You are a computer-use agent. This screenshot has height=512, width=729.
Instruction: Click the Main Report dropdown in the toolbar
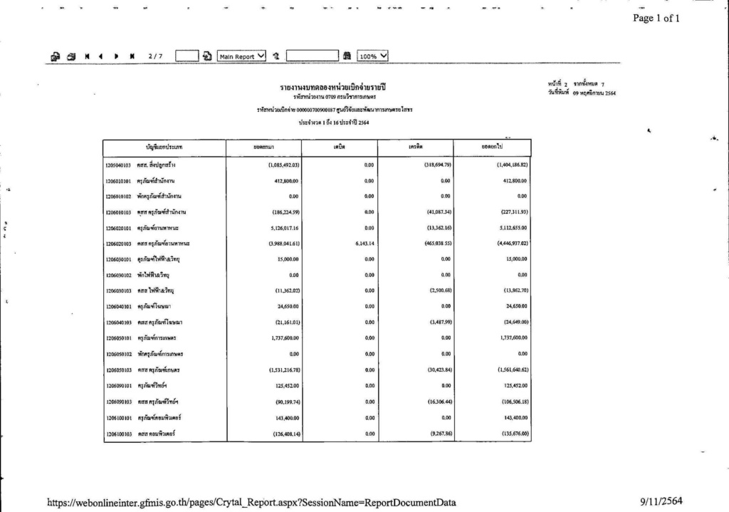coord(242,57)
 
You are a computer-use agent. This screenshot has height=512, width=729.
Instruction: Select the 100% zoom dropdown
coord(373,57)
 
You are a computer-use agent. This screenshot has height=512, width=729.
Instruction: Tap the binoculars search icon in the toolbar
coord(347,57)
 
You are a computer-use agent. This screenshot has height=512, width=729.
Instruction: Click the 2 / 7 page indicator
coord(155,57)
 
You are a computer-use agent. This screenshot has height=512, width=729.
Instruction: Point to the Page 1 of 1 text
coord(656,19)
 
